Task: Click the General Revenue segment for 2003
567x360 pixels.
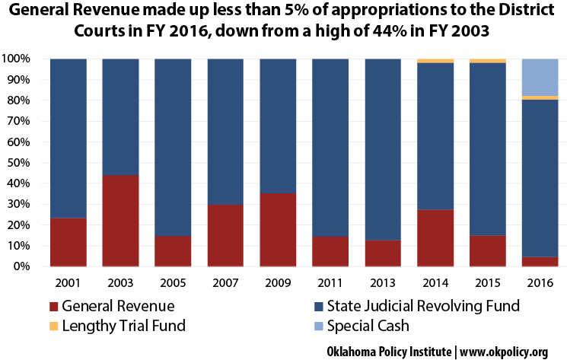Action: [120, 221]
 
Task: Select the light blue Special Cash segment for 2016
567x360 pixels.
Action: [540, 77]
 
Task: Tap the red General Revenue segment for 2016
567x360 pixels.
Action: [540, 261]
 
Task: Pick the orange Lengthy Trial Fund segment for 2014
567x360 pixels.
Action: [435, 61]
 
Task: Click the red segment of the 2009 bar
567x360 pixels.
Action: [278, 229]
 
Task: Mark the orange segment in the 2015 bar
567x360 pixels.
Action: [488, 61]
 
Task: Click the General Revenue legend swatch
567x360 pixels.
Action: [53, 307]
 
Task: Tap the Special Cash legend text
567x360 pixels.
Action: [368, 326]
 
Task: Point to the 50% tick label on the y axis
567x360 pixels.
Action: [17, 162]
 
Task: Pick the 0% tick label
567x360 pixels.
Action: [20, 266]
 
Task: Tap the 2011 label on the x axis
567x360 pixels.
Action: [330, 282]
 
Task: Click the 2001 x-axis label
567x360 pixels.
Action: [68, 282]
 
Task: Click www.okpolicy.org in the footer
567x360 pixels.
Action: [504, 352]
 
